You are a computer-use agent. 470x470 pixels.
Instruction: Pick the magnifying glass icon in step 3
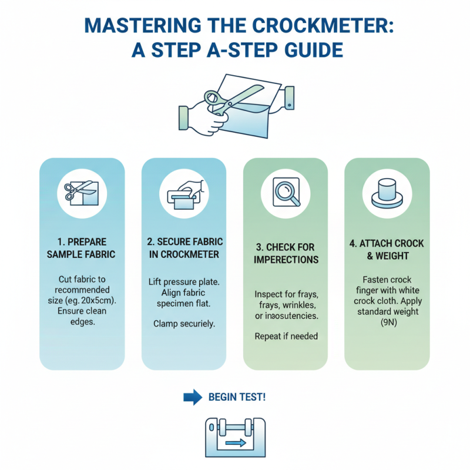(x=286, y=192)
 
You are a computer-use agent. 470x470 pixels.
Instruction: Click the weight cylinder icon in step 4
(x=387, y=192)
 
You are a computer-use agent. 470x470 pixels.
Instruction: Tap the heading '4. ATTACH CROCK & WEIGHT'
(x=387, y=249)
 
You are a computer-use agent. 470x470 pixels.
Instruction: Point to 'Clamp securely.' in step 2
(x=183, y=323)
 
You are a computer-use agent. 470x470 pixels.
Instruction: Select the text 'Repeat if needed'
(x=286, y=337)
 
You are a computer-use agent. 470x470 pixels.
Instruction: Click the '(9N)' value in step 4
(x=387, y=323)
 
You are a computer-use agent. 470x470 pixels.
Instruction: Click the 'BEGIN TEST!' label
(x=237, y=397)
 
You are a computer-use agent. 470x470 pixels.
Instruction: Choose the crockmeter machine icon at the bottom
(x=235, y=438)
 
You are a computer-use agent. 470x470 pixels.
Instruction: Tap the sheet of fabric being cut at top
(x=247, y=120)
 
